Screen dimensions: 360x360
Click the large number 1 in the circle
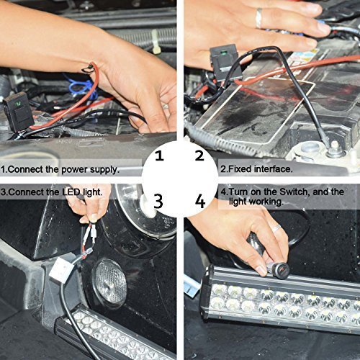coord(159,155)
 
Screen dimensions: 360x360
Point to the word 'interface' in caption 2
coord(271,170)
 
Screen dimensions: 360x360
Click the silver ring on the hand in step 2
coord(258,18)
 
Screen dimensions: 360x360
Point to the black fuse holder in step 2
coord(225,57)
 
